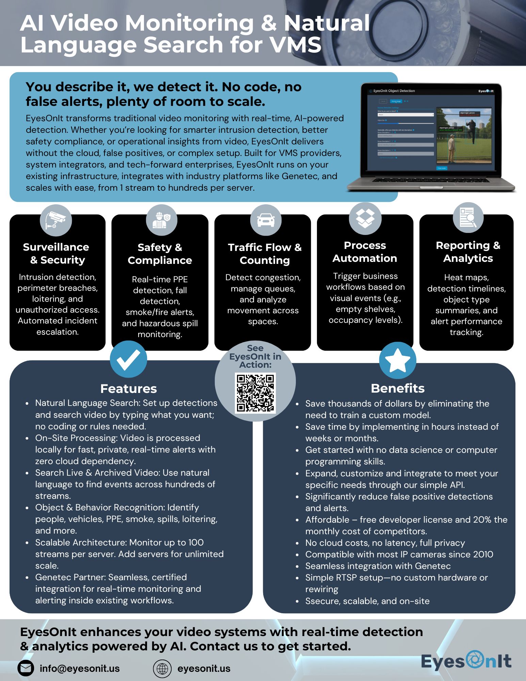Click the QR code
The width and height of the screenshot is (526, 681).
pos(255,393)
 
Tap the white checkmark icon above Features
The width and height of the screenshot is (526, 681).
pos(128,359)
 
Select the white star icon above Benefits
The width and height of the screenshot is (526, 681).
pos(397,361)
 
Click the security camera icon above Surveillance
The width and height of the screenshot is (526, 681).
pos(56,220)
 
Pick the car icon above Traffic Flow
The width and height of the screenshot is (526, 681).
pos(266,220)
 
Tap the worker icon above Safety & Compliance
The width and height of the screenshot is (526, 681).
pos(161,220)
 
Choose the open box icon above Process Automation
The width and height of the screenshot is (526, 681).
pos(365,218)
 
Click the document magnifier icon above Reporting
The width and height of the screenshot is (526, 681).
pos(468,218)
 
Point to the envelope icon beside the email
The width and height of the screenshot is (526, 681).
pos(26,668)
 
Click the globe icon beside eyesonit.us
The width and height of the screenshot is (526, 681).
pos(162,668)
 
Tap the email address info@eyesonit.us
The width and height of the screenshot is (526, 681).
pos(80,668)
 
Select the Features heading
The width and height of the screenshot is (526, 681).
pos(128,389)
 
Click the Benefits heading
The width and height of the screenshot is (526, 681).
pos(397,388)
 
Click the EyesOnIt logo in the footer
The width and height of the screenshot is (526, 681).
pos(466,661)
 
